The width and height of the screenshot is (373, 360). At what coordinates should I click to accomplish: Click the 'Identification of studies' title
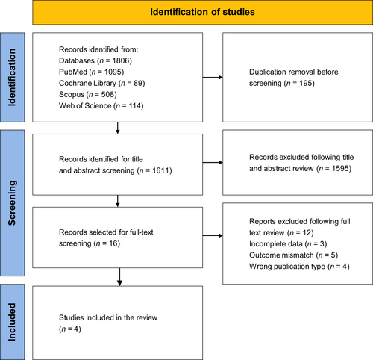pyautogui.click(x=202, y=12)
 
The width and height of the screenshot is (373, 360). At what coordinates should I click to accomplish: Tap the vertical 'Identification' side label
pyautogui.click(x=12, y=78)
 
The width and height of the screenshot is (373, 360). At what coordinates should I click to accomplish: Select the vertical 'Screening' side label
pyautogui.click(x=12, y=203)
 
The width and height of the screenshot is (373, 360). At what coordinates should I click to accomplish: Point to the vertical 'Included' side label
pyautogui.click(x=12, y=322)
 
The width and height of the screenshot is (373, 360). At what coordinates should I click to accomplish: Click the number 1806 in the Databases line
pyautogui.click(x=121, y=60)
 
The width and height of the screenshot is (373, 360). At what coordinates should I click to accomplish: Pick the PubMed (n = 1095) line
pyautogui.click(x=92, y=72)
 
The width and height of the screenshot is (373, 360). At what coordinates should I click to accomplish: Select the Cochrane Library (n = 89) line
pyautogui.click(x=102, y=83)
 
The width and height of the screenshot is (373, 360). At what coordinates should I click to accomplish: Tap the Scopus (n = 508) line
pyautogui.click(x=88, y=94)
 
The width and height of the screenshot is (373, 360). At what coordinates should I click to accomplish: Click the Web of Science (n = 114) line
pyautogui.click(x=101, y=105)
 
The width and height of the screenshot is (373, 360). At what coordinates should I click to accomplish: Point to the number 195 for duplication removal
pyautogui.click(x=306, y=83)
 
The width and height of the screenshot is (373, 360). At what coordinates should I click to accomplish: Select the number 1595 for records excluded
pyautogui.click(x=340, y=169)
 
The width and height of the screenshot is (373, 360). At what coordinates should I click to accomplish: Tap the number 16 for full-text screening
pyautogui.click(x=113, y=243)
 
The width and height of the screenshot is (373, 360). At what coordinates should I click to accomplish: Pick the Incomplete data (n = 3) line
pyautogui.click(x=288, y=244)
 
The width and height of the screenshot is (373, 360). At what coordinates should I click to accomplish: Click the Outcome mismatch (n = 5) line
pyautogui.click(x=294, y=255)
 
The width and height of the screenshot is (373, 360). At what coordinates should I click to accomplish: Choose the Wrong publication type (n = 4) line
pyautogui.click(x=299, y=267)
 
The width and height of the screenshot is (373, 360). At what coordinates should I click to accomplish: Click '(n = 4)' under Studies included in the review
pyautogui.click(x=70, y=329)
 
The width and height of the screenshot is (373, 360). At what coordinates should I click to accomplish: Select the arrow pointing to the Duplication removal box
pyautogui.click(x=213, y=78)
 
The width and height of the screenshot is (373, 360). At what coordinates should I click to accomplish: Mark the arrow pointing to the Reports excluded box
pyautogui.click(x=213, y=235)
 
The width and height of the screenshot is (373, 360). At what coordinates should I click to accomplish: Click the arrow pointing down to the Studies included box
pyautogui.click(x=119, y=277)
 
